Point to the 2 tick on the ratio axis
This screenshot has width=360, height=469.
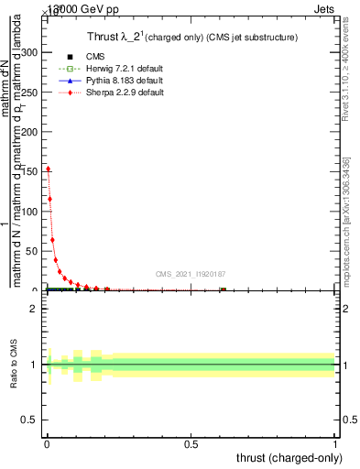38,309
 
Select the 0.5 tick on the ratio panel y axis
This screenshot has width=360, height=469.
34,420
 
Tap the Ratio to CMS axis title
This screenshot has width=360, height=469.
14,365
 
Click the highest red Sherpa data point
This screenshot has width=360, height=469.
48,169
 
